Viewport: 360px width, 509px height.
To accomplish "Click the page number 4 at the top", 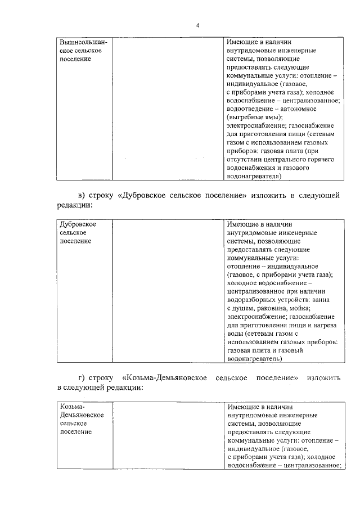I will pyautogui.click(x=197, y=25).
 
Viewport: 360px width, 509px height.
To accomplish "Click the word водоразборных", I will pyautogui.click(x=253, y=300).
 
